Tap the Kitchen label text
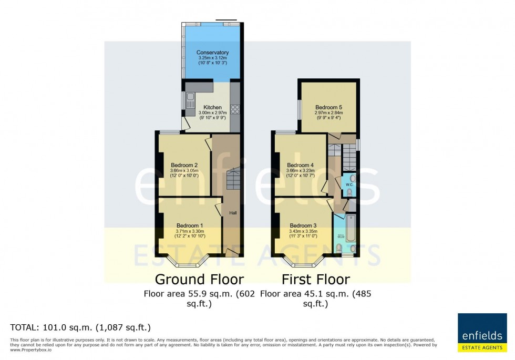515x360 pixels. [x=209, y=107]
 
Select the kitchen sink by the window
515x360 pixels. [x=189, y=100]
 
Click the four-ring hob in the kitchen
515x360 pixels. [x=235, y=110]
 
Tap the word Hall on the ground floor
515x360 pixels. [x=232, y=213]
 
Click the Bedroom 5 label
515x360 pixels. [x=329, y=107]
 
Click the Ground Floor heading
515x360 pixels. [x=199, y=279]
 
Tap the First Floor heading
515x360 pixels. [x=315, y=279]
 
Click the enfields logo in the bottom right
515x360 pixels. [x=482, y=332]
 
